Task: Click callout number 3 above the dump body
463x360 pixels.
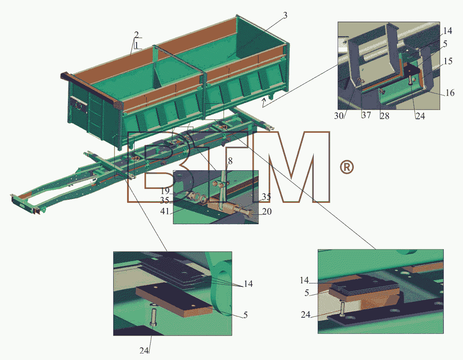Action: (285, 15)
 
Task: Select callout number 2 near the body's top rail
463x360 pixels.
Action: (136, 34)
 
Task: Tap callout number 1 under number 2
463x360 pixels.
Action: (137, 45)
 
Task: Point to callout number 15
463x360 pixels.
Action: (448, 61)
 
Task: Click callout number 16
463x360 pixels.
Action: (450, 93)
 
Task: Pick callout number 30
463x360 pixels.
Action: (339, 116)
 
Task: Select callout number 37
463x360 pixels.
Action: (366, 115)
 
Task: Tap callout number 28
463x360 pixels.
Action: (385, 116)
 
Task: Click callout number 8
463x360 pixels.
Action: (230, 161)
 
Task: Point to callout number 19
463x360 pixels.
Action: (165, 191)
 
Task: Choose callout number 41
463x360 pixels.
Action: (165, 211)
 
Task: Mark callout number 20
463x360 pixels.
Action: (267, 212)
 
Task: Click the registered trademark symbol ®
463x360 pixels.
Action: (347, 168)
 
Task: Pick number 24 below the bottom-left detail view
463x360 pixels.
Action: (144, 350)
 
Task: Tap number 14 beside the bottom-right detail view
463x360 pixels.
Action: (304, 280)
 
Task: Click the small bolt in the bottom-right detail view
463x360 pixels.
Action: (342, 309)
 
